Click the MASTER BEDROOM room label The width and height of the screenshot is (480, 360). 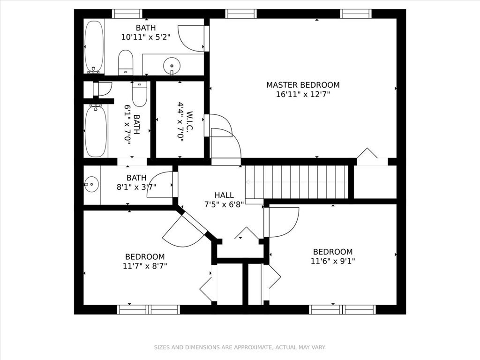point(303,85)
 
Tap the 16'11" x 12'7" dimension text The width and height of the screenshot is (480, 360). point(303,94)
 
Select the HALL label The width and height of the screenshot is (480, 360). point(224,195)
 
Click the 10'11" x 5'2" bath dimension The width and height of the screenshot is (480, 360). point(146,37)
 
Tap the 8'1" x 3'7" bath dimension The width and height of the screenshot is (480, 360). point(136,187)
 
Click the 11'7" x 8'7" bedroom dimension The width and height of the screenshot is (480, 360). point(145,266)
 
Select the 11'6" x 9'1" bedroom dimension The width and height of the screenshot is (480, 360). point(333,261)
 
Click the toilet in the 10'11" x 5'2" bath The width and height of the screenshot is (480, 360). point(126,62)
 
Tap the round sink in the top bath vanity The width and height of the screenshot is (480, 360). point(172,66)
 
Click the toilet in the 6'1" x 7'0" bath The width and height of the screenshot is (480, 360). point(140,94)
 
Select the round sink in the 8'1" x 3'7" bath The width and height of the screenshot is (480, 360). point(91,184)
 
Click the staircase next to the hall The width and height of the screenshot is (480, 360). point(297,182)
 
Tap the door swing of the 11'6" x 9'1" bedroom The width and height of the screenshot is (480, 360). point(281,222)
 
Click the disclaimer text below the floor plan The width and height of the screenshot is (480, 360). point(240,347)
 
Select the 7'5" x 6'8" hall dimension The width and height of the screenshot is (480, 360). point(224,204)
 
